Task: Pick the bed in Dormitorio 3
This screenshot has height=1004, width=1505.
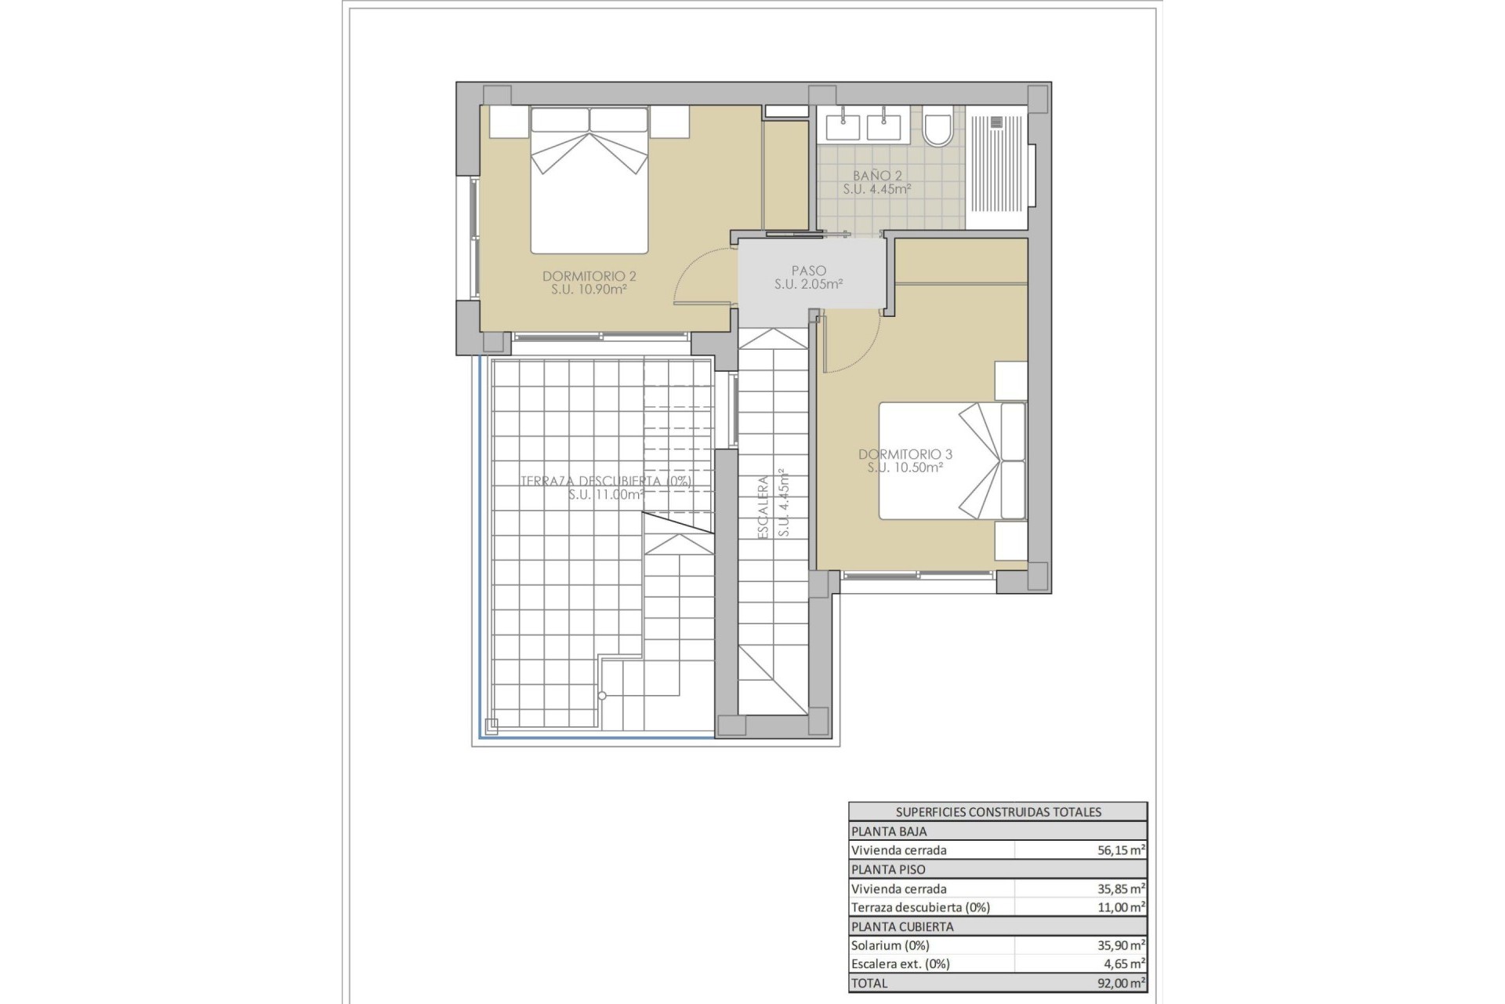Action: point(951,461)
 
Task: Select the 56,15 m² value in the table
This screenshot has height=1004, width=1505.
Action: point(1121,850)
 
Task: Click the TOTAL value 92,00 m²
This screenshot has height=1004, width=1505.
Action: point(1121,983)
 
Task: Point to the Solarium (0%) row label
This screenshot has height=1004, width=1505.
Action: point(890,945)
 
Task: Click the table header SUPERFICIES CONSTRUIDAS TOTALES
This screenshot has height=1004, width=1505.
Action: point(998,812)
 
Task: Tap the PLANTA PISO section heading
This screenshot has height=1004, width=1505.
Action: point(888,869)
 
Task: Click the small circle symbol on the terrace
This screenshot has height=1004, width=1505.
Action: point(602,696)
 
